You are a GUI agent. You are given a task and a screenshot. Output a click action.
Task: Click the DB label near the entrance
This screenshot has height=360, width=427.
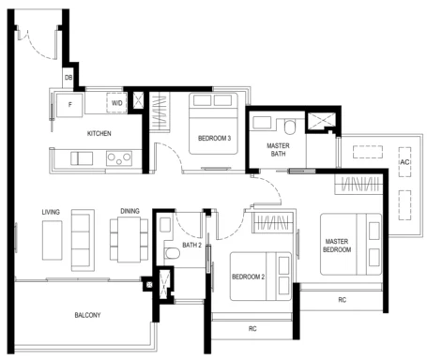pos(69,77)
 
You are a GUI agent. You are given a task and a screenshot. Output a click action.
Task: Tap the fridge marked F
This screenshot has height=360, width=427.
pos(69,105)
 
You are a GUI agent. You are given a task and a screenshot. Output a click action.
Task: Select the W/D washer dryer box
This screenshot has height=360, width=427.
pos(116,103)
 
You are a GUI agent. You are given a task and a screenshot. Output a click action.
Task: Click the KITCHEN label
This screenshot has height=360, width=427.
pos(99,133)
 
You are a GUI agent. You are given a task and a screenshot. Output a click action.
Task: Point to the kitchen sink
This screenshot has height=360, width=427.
pos(82,158)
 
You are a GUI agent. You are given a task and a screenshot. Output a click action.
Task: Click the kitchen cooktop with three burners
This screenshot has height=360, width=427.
pos(119,158)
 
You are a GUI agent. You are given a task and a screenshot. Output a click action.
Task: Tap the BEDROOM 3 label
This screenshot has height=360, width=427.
pos(214,138)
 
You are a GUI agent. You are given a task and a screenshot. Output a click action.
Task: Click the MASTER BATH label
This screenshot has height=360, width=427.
pos(278,150)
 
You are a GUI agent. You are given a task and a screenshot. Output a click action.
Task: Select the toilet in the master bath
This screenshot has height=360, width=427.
pos(290,127)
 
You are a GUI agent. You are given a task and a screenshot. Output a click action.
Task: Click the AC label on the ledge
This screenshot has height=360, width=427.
pos(404,162)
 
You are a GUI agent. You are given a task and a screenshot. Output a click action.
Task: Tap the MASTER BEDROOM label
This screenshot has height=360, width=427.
pos(337,246)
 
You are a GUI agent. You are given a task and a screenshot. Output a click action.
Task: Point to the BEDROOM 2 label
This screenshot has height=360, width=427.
pos(248,277)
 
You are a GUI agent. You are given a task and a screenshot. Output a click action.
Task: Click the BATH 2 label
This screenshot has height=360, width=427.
pos(191,246)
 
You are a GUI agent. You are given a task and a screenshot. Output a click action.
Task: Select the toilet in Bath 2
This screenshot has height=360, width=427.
pos(172,253)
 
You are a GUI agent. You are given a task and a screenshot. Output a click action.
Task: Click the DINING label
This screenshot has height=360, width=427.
pos(130,211)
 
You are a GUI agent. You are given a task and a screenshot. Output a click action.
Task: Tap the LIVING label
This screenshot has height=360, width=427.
pos(51,212)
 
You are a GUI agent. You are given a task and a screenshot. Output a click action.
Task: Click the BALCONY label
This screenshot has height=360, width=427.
pos(87,315)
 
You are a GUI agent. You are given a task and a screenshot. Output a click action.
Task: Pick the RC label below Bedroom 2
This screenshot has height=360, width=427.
pos(252,329)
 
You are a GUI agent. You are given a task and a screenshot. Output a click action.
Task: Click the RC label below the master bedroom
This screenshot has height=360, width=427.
pos(343,300)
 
